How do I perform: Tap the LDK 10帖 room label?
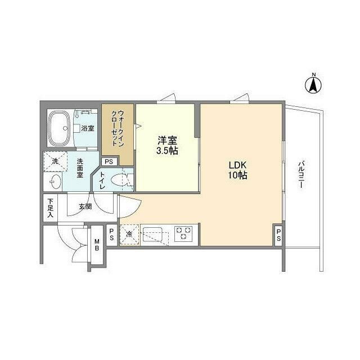tap(237, 170)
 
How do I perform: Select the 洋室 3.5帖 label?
tap(167, 146)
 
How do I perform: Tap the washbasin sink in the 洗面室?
tap(54, 182)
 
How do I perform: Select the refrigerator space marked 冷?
tap(129, 234)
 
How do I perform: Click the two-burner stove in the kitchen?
tap(183, 233)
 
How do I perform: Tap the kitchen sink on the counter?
tap(154, 233)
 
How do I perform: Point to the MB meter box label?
tap(96, 245)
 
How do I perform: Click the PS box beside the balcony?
tap(278, 235)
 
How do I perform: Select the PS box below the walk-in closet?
tap(109, 162)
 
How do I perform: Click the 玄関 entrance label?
tap(85, 206)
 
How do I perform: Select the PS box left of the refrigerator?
tap(111, 235)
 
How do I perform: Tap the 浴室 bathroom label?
tap(87, 128)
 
